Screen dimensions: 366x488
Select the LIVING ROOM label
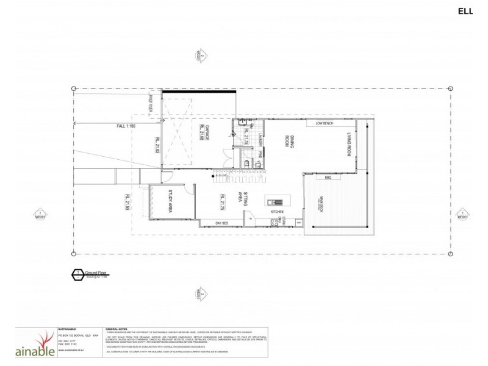click(350, 145)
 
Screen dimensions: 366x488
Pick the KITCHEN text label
click(278, 212)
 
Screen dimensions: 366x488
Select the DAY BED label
click(221, 223)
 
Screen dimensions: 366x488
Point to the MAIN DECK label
click(321, 206)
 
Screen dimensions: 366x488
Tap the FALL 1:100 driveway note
click(126, 126)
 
